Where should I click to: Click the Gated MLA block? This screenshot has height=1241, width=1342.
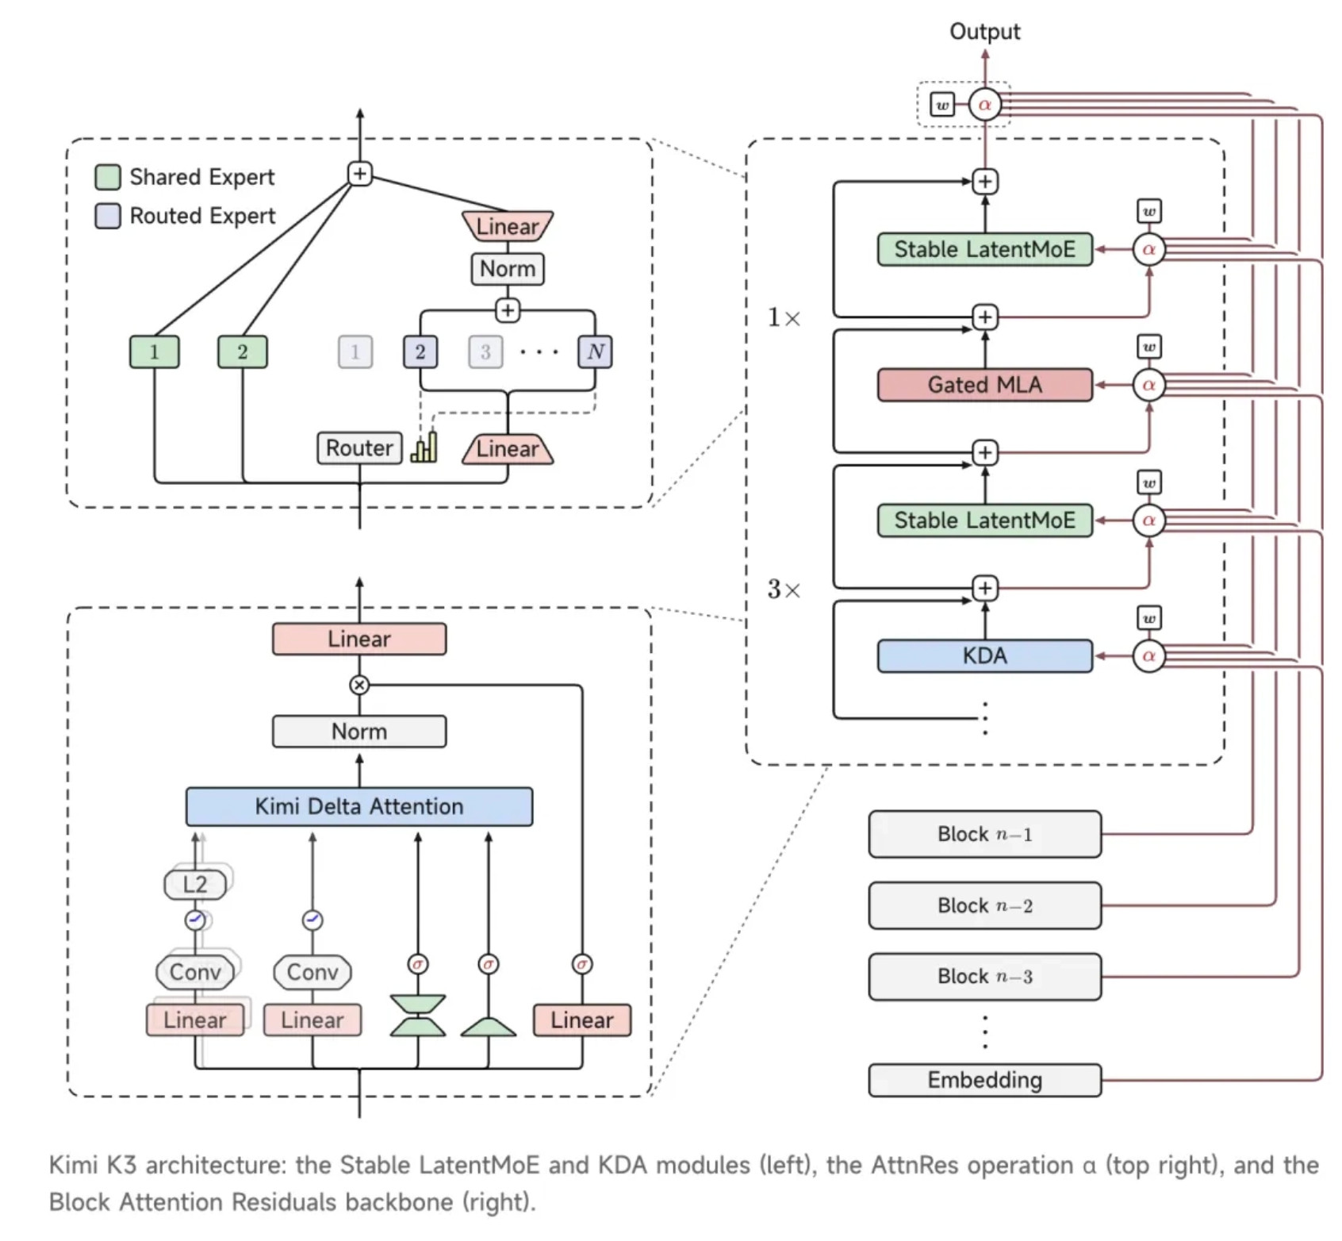pyautogui.click(x=984, y=385)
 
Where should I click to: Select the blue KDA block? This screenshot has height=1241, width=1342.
pyautogui.click(x=984, y=656)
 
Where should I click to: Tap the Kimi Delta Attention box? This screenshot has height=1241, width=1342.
pyautogui.click(x=359, y=806)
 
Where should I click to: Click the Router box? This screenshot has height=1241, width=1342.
pyautogui.click(x=359, y=448)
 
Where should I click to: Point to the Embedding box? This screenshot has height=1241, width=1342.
pyautogui.click(x=984, y=1080)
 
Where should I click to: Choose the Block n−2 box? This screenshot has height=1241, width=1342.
pyautogui.click(x=984, y=905)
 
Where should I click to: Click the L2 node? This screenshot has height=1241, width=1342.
pyautogui.click(x=195, y=884)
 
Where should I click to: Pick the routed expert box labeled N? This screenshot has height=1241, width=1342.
pyautogui.click(x=595, y=352)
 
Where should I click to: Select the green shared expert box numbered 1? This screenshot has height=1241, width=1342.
pyautogui.click(x=154, y=352)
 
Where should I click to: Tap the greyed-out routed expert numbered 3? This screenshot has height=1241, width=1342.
pyautogui.click(x=485, y=352)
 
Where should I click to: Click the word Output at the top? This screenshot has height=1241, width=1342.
pyautogui.click(x=984, y=32)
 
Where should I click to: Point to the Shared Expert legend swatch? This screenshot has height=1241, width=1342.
pyautogui.click(x=108, y=177)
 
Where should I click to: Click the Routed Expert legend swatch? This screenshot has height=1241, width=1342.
pyautogui.click(x=108, y=216)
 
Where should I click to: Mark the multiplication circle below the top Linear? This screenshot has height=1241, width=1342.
pyautogui.click(x=359, y=685)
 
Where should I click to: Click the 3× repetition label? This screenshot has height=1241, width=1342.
pyautogui.click(x=784, y=589)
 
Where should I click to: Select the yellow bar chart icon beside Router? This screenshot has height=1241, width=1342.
pyautogui.click(x=424, y=447)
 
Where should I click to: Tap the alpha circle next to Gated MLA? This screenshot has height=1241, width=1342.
pyautogui.click(x=1148, y=385)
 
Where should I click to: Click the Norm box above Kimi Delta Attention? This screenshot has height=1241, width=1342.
pyautogui.click(x=359, y=732)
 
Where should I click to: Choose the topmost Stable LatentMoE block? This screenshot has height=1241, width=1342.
pyautogui.click(x=984, y=249)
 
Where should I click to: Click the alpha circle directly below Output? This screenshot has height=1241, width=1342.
pyautogui.click(x=984, y=105)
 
